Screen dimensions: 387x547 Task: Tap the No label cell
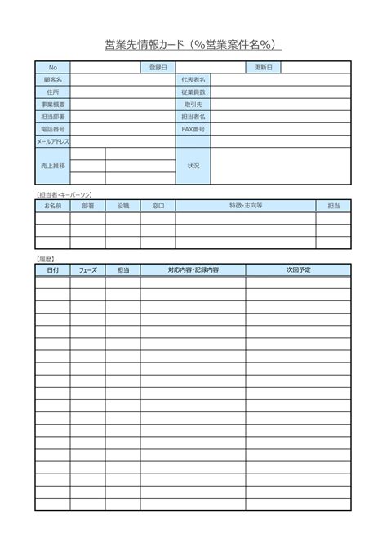pos(53,67)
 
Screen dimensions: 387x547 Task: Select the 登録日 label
pos(158,67)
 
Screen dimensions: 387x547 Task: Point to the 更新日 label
pos(264,67)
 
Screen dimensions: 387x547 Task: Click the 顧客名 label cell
pos(53,79)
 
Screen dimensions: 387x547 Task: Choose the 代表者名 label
pos(193,79)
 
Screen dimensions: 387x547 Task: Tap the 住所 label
pos(53,92)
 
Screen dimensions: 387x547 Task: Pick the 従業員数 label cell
pos(193,92)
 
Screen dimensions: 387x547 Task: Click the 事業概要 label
pos(53,105)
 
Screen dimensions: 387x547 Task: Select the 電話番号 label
pos(53,129)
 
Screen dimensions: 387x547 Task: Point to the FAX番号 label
pos(193,129)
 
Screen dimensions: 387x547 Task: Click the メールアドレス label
pos(53,142)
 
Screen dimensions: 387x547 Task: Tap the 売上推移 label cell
pos(53,166)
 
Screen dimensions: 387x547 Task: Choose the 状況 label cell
pos(193,166)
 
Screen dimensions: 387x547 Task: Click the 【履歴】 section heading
pos(46,257)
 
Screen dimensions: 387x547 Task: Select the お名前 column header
pos(53,207)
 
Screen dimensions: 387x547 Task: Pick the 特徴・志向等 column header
pos(246,207)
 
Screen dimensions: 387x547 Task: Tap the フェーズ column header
pos(88,269)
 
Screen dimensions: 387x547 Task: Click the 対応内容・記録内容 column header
pos(193,269)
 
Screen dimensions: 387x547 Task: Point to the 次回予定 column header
pos(299,269)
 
